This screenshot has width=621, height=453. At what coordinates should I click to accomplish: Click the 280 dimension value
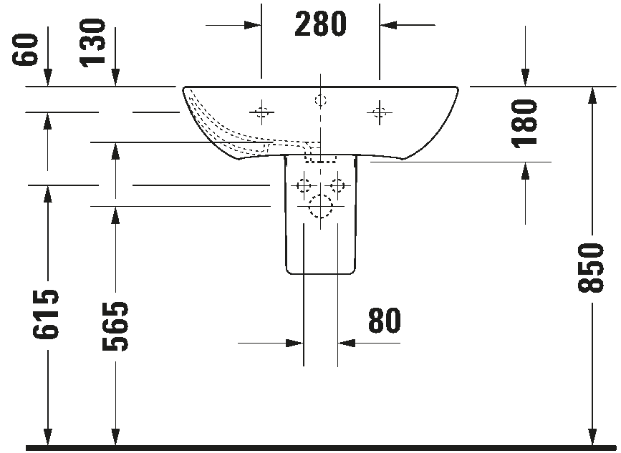click(320, 25)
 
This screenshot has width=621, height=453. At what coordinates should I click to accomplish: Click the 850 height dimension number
click(592, 267)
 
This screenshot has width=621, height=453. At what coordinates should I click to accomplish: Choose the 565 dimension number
click(115, 326)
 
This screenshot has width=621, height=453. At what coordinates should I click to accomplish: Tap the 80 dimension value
click(384, 321)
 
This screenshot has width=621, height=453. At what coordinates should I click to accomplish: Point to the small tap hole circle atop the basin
click(320, 99)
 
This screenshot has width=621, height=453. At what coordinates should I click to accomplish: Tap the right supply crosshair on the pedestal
click(337, 186)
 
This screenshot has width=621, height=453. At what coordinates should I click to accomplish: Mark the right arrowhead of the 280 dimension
click(387, 25)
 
